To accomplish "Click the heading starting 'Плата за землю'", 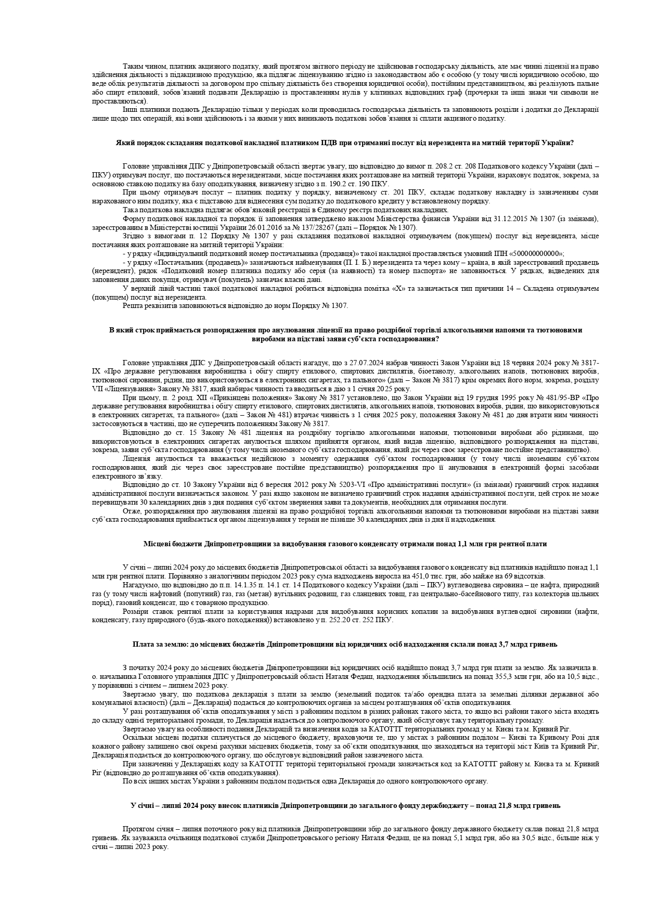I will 345,644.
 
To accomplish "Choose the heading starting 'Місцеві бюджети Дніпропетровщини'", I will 345,544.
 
